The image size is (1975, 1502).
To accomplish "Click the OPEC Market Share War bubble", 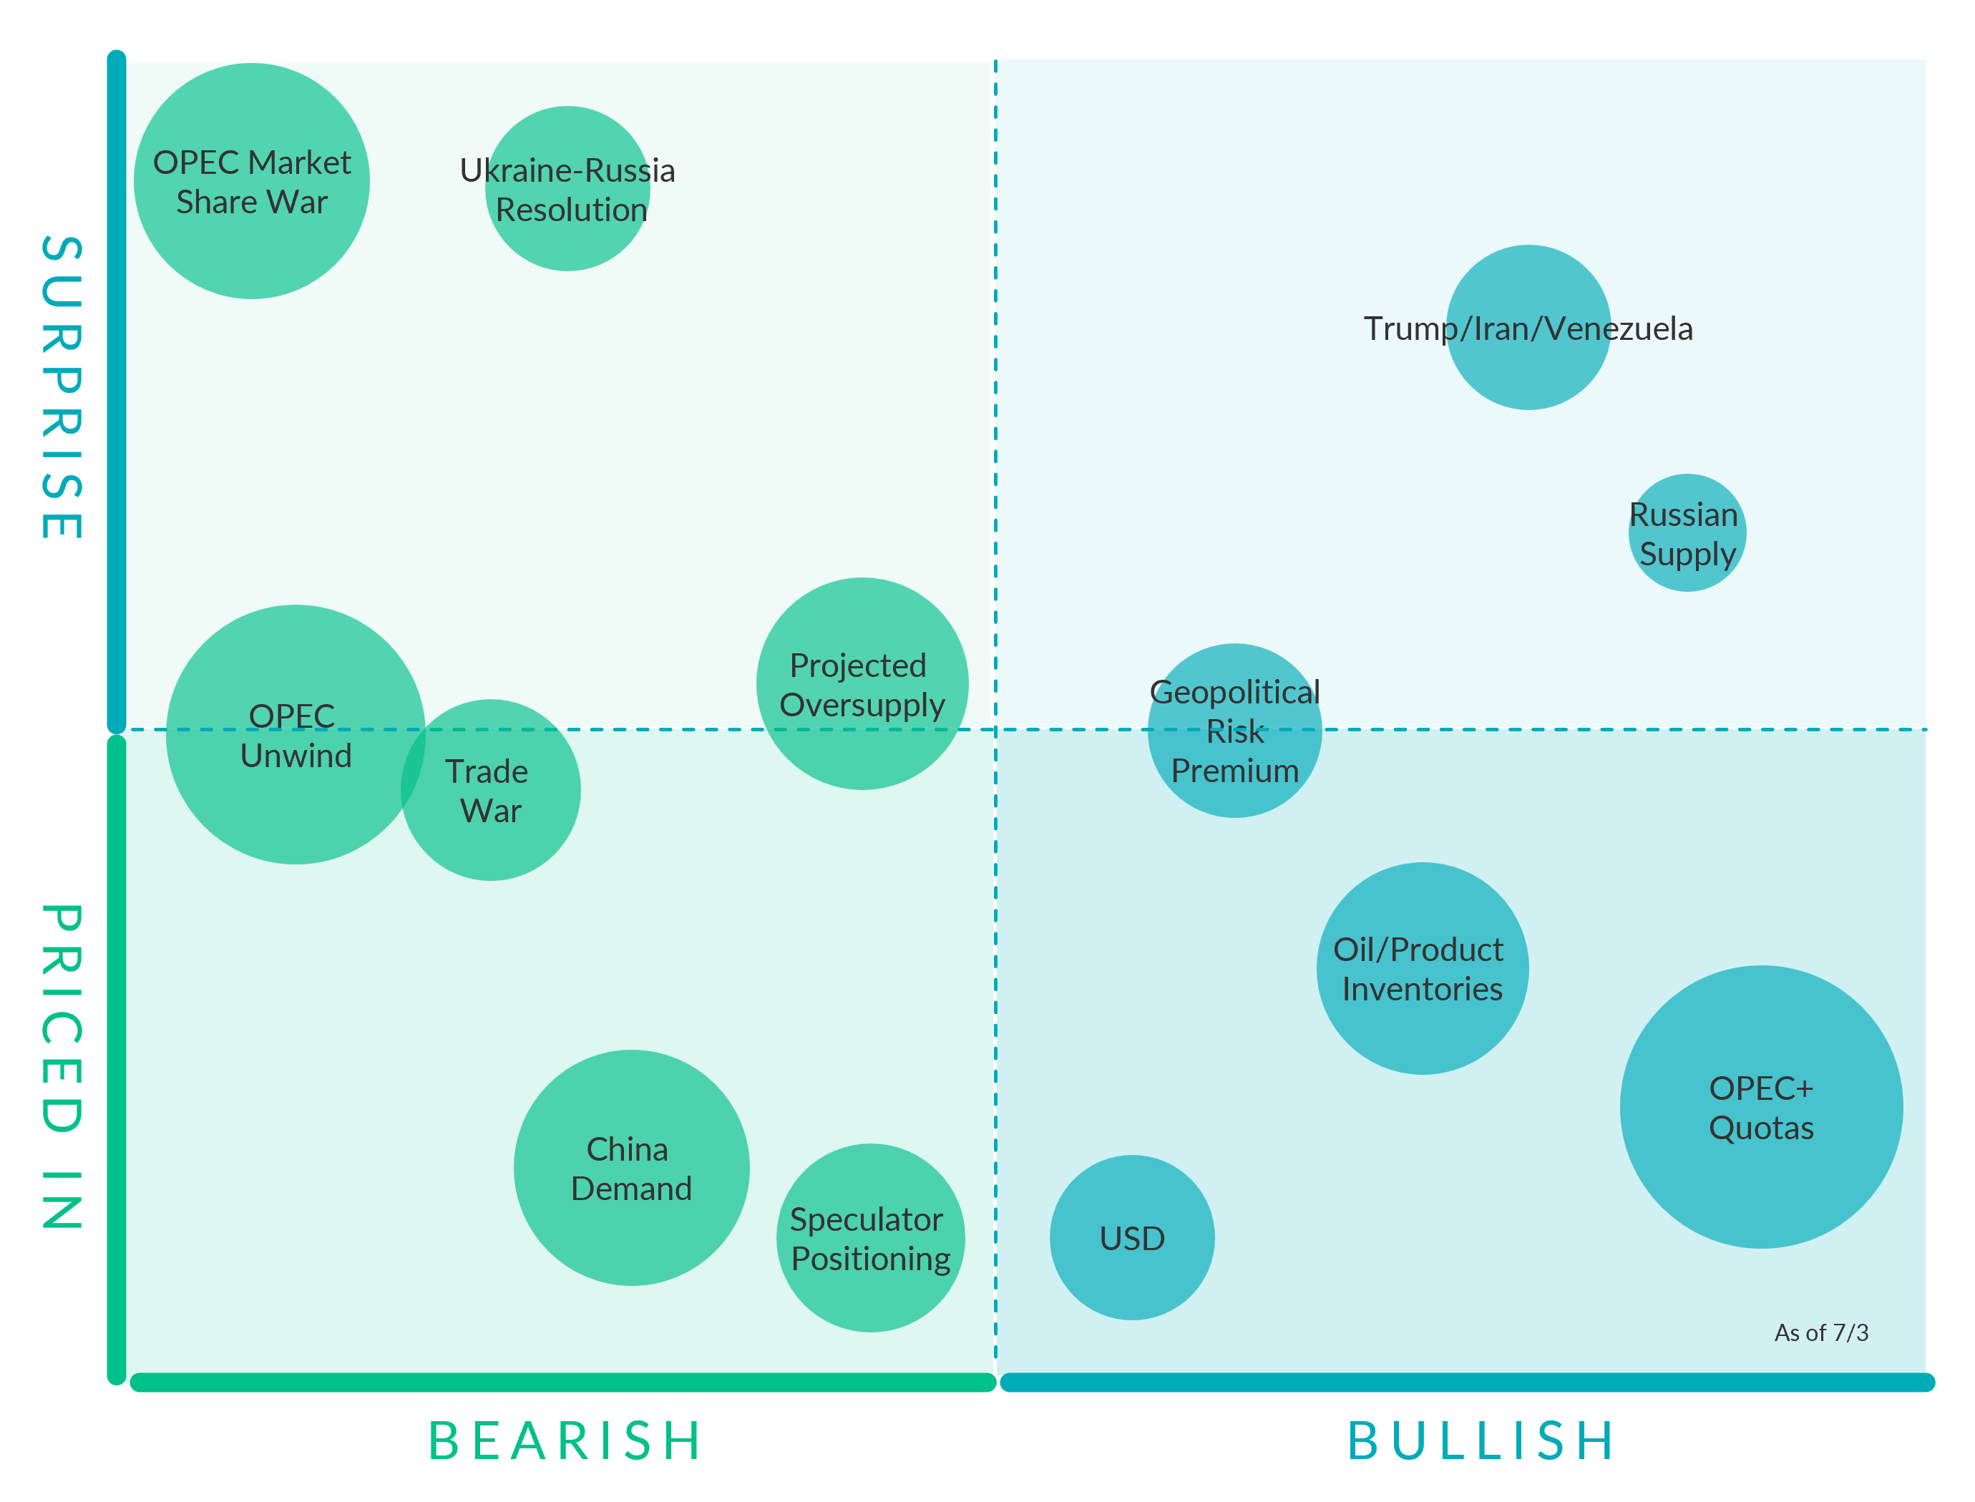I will coord(251,182).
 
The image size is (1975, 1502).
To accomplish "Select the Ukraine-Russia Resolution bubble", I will coord(567,189).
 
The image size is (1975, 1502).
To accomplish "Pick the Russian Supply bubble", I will coord(1687,533).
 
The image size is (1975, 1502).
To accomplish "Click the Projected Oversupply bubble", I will coord(862,684).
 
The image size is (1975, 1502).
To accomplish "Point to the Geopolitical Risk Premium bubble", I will coord(1234,731).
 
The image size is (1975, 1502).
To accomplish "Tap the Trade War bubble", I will coord(491,790).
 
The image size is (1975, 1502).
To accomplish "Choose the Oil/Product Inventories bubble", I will coord(1423,968).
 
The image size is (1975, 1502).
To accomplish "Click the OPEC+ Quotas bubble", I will coord(1761,1107).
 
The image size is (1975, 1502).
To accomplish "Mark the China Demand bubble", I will coord(631,1168).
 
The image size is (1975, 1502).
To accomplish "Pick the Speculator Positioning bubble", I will coord(871,1238).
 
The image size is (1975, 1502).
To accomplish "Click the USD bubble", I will coord(1132,1237).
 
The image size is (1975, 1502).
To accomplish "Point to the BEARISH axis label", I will coord(565,1441).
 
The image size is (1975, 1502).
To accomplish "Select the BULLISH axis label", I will coord(1481,1441).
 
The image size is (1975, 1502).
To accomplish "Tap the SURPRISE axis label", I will coord(62,387).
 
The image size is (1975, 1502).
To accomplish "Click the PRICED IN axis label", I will coord(62,1067).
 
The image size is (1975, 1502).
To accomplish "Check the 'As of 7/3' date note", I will coord(1821,1333).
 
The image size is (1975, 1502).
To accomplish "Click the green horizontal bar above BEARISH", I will coord(563,1382).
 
